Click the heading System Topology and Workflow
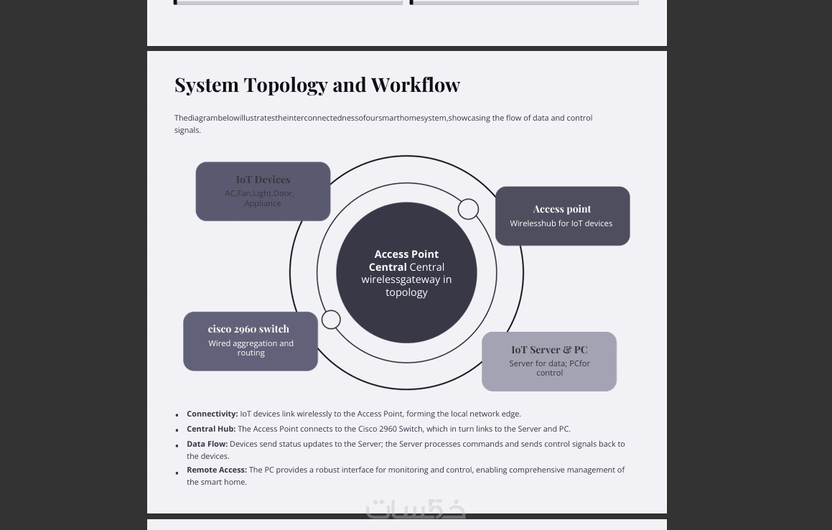[x=317, y=85]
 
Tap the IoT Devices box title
[x=263, y=180]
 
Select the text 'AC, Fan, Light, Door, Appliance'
[x=260, y=198]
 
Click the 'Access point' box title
[x=561, y=209]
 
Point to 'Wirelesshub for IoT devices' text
[x=561, y=223]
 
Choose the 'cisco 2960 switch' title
[x=248, y=329]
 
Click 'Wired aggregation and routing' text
[x=251, y=348]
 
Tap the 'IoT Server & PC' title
[x=549, y=350]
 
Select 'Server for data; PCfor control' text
[x=549, y=368]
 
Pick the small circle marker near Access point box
[x=468, y=209]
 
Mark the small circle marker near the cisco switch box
[x=331, y=320]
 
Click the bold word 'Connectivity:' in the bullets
[x=212, y=414]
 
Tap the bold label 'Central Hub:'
[x=211, y=429]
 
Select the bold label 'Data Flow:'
[x=207, y=444]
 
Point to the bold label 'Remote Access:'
[x=217, y=470]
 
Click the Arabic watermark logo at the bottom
[x=416, y=508]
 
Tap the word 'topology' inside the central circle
[x=406, y=292]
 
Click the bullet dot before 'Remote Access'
[x=177, y=473]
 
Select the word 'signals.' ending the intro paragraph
[x=187, y=130]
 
